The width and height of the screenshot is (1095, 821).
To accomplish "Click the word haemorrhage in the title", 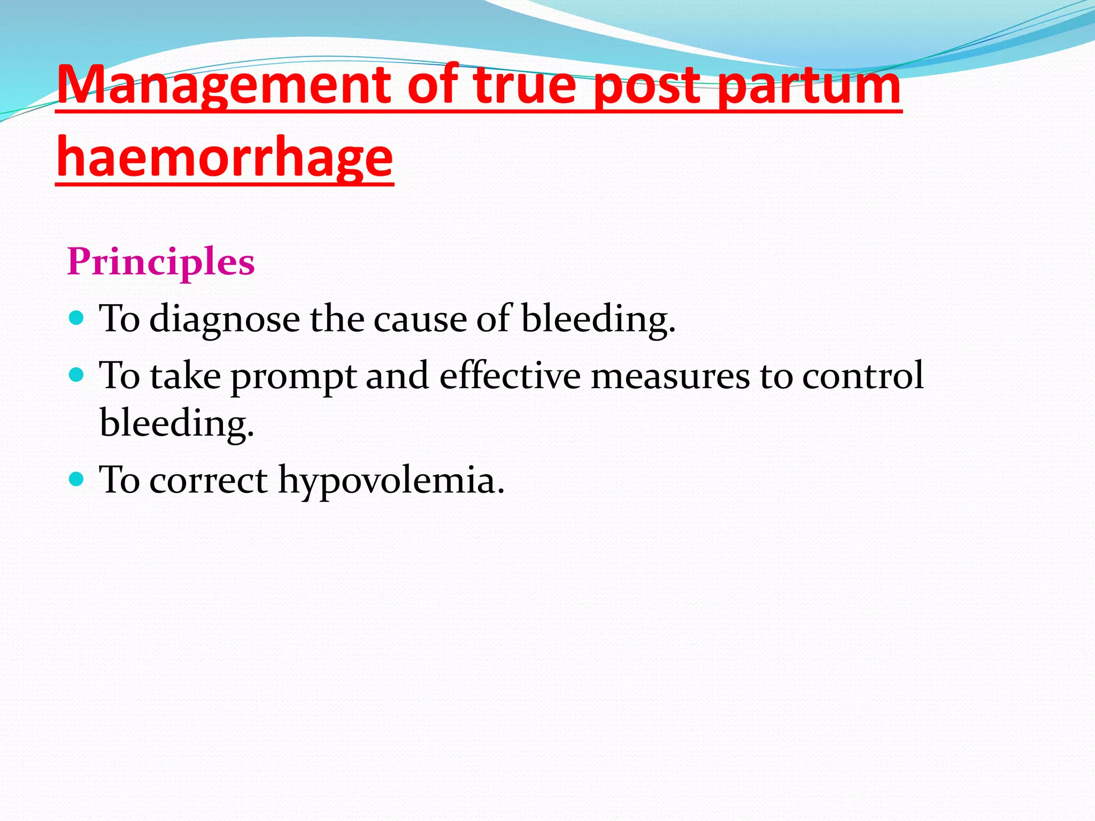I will tap(225, 158).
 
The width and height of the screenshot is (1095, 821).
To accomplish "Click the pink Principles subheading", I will tap(161, 262).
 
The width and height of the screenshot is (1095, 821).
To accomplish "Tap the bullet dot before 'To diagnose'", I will tap(77, 319).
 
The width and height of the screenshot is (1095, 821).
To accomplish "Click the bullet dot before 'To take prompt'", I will tap(77, 375).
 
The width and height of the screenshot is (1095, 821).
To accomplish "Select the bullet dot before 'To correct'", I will tap(77, 479).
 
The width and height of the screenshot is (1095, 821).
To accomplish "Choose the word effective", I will tap(510, 375).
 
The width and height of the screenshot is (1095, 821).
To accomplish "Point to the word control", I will tap(863, 375).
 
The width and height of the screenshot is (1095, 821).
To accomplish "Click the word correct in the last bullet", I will tap(208, 480).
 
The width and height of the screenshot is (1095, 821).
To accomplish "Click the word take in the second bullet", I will tap(185, 375).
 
